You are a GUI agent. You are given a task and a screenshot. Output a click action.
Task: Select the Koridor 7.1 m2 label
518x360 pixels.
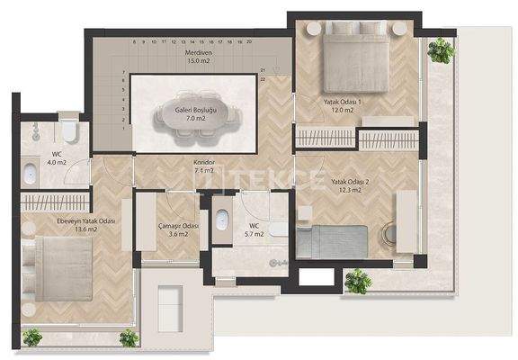[x=202, y=166]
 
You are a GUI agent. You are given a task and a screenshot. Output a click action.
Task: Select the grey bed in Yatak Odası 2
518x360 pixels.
[x=332, y=241]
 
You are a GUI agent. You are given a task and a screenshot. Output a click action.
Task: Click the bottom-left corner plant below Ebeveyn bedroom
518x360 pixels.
[x=32, y=337]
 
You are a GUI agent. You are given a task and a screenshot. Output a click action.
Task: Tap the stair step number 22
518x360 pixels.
[x=263, y=79]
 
